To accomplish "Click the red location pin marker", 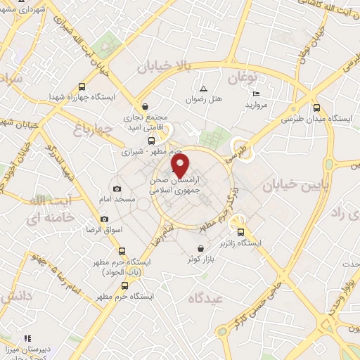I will [180, 167].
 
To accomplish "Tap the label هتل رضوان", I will [210, 100].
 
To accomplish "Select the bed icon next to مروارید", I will [256, 94].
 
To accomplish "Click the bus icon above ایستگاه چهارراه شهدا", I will [82, 86].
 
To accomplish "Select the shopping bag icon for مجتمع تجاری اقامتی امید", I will [146, 105].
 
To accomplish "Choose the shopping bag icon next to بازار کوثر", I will [202, 248].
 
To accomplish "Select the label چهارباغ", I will [93, 129].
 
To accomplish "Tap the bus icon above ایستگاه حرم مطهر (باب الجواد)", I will [122, 251].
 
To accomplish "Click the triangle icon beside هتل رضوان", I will [203, 89].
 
